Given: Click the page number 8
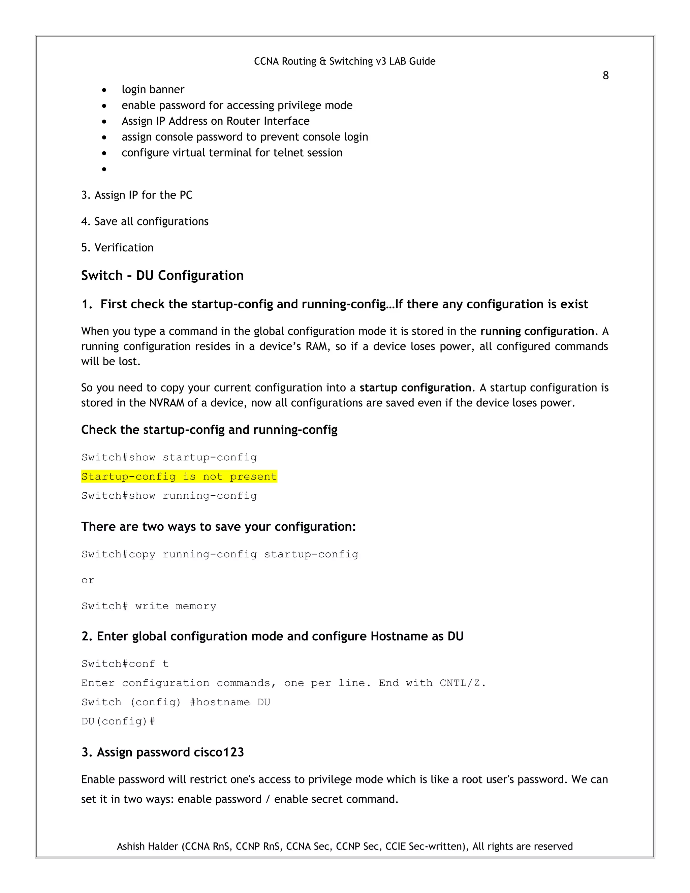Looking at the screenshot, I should tap(605, 75).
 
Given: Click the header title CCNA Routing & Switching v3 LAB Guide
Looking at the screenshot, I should tap(345, 61).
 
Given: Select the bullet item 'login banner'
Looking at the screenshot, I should tap(153, 90).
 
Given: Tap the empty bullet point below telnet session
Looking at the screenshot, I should tap(104, 169).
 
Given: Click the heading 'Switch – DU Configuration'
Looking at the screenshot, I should tap(162, 276).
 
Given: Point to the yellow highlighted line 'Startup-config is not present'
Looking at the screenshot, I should tap(179, 476).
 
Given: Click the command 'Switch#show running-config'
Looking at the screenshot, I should tap(169, 496).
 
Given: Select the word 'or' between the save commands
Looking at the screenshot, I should tap(88, 580).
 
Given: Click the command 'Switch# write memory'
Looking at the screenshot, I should tap(149, 606).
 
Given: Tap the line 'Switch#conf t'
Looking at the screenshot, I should tap(125, 664).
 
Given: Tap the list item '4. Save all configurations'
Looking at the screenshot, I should tap(145, 222).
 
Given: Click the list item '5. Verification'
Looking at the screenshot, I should tap(117, 248).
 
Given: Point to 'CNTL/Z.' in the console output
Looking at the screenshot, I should tap(462, 683).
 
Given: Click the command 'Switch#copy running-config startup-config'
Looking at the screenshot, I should tap(220, 554).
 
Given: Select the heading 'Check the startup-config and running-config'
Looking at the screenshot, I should tap(209, 430).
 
